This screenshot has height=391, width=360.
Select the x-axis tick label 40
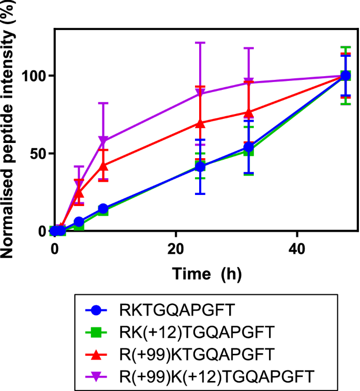297,248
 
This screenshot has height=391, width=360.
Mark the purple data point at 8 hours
103,141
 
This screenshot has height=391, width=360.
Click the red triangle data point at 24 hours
200,123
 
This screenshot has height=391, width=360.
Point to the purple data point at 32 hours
249,83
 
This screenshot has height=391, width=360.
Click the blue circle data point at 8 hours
103,209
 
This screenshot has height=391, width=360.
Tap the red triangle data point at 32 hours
249,112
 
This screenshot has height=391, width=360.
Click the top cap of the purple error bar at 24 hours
200,43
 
